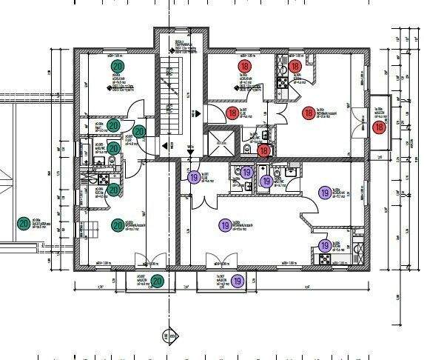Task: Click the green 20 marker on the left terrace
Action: coord(24,222)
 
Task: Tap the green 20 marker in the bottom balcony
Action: coord(158,281)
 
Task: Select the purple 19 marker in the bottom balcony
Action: coord(238,281)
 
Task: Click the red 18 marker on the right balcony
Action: coord(380,127)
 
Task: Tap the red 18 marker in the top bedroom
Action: coord(245,67)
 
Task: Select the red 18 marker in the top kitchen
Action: coord(295,67)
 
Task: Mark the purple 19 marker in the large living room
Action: coord(224,225)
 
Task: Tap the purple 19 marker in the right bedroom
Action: coord(324,193)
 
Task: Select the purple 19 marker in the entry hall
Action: coord(194,178)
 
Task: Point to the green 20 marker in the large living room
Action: coord(117,225)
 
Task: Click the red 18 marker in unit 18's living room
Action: coord(309,113)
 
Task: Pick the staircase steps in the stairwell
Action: coord(171,89)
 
